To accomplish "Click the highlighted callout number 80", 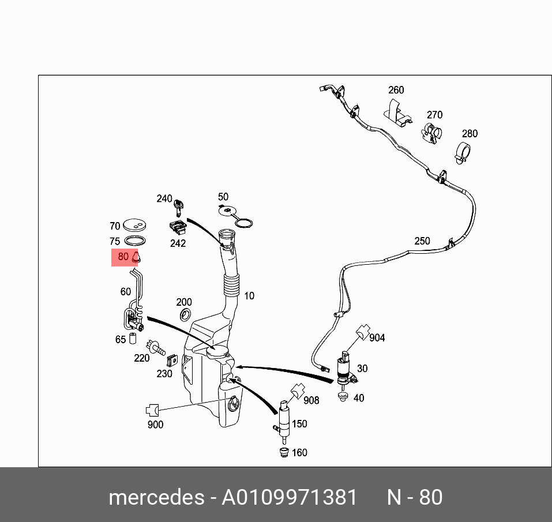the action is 123,257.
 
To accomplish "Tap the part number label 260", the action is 396,90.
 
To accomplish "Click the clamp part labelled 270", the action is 431,133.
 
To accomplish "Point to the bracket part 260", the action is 397,112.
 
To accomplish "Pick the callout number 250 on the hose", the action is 422,241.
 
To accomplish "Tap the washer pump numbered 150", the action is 284,418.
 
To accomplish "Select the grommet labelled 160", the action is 283,453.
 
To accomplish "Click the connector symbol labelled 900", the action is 152,411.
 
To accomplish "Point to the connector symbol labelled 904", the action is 362,332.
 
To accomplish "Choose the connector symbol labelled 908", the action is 296,392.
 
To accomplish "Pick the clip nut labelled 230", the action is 171,361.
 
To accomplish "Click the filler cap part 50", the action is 230,211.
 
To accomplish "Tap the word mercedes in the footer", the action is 155,497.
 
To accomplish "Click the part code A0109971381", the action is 290,497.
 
